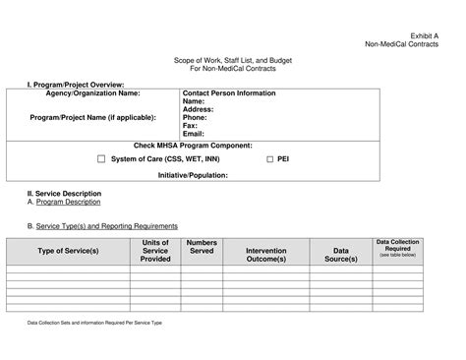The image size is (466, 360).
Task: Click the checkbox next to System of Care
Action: click(x=101, y=158)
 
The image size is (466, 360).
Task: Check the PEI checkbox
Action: click(x=269, y=158)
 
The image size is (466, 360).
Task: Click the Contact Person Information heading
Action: click(x=229, y=93)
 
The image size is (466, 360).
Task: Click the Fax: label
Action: click(x=190, y=125)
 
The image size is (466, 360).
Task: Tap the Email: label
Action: click(x=194, y=133)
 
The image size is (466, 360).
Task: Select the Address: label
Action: click(x=199, y=109)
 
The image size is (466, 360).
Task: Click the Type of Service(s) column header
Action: click(x=68, y=251)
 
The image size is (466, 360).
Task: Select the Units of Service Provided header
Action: click(x=155, y=251)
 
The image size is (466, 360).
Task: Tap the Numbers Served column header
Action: click(x=202, y=247)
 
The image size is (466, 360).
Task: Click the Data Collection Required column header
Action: click(x=398, y=246)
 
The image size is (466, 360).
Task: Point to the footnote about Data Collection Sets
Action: click(x=93, y=323)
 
